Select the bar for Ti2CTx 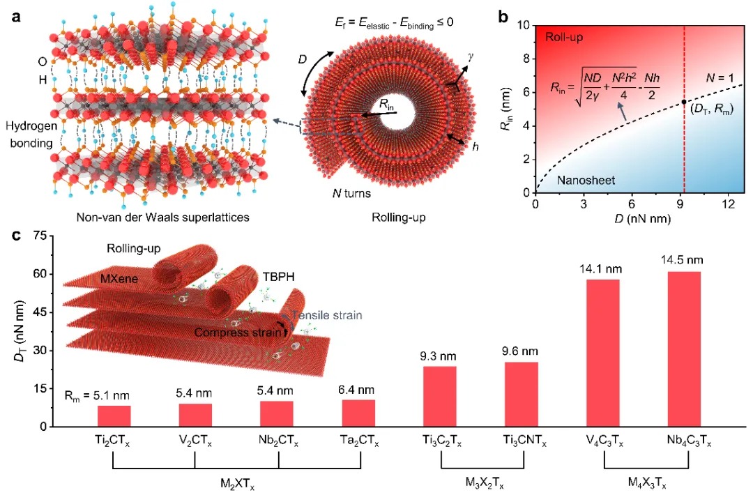click(x=114, y=416)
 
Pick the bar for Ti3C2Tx click(x=439, y=396)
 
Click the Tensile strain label click(x=334, y=315)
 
